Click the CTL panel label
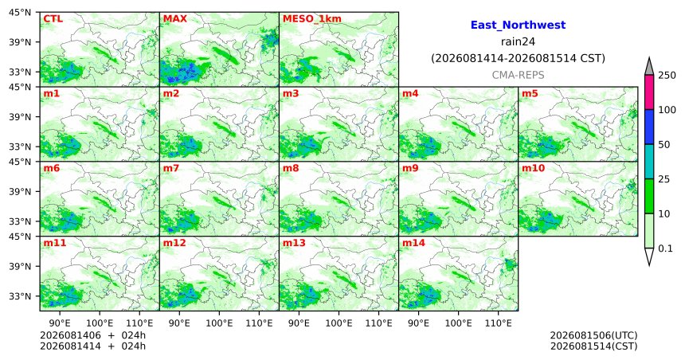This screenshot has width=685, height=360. (53, 19)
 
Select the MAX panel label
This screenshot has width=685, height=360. (174, 19)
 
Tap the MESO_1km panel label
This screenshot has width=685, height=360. (312, 19)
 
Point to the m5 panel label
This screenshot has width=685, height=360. (530, 93)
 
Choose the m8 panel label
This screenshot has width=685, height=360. (291, 168)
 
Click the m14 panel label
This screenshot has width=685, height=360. (413, 243)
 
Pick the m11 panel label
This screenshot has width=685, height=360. (55, 243)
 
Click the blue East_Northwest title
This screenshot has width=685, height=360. (518, 25)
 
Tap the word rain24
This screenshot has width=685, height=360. (518, 41)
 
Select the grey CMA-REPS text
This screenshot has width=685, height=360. (518, 75)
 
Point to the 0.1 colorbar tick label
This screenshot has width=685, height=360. (665, 248)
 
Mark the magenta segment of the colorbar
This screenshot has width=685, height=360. (649, 92)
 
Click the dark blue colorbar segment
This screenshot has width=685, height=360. (649, 127)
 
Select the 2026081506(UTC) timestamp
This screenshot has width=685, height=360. (593, 335)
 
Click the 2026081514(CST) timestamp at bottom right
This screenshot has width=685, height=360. (593, 346)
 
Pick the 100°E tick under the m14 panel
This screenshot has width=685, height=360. (458, 323)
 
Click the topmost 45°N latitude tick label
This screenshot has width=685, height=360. (20, 12)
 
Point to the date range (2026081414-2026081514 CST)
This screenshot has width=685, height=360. (518, 58)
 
